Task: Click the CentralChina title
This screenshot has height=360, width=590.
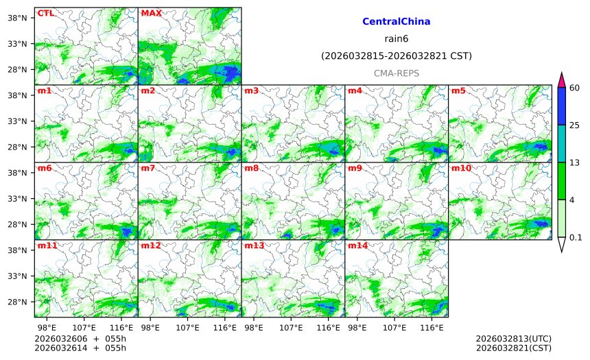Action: pyautogui.click(x=397, y=22)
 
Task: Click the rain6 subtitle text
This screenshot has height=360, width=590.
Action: pyautogui.click(x=397, y=38)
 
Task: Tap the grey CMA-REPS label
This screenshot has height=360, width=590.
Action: pyautogui.click(x=397, y=73)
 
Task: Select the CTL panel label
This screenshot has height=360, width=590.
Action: pyautogui.click(x=45, y=13)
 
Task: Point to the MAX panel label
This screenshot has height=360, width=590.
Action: pyautogui.click(x=151, y=13)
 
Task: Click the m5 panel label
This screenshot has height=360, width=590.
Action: pyautogui.click(x=458, y=91)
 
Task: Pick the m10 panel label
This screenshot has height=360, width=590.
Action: pyautogui.click(x=460, y=168)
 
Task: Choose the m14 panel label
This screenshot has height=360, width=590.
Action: pyautogui.click(x=357, y=245)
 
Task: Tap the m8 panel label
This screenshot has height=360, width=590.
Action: pyautogui.click(x=251, y=168)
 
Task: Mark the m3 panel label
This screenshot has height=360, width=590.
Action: pyautogui.click(x=251, y=91)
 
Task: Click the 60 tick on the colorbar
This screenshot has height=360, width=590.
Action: pyautogui.click(x=574, y=88)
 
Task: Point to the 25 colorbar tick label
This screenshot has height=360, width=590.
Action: pyautogui.click(x=574, y=125)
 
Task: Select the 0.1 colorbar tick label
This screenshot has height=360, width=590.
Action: pyautogui.click(x=576, y=238)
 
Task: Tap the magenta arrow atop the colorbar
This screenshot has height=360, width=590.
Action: pyautogui.click(x=561, y=79)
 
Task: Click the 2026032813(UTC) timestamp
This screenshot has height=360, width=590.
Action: pyautogui.click(x=513, y=339)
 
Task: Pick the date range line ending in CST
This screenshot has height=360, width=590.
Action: pyautogui.click(x=397, y=56)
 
